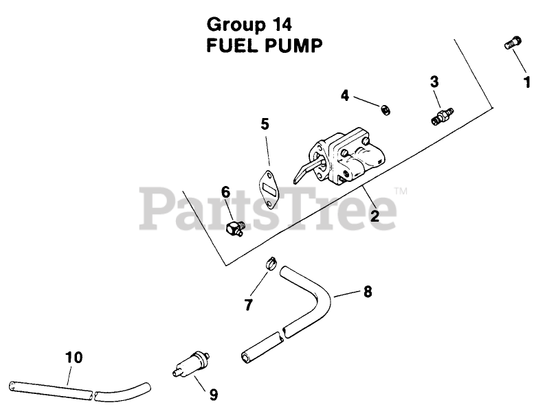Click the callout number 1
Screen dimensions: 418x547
click(x=527, y=83)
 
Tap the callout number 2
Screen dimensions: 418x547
click(x=375, y=216)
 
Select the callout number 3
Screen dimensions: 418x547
click(x=434, y=82)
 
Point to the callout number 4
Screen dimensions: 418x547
click(x=345, y=95)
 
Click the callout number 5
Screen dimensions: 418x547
click(x=265, y=124)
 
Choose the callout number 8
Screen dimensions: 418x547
click(x=368, y=292)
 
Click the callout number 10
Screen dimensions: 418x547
click(x=74, y=357)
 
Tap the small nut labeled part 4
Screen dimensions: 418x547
click(x=386, y=108)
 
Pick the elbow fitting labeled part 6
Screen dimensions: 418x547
click(x=235, y=228)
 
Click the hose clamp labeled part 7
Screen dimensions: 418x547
click(x=269, y=263)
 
